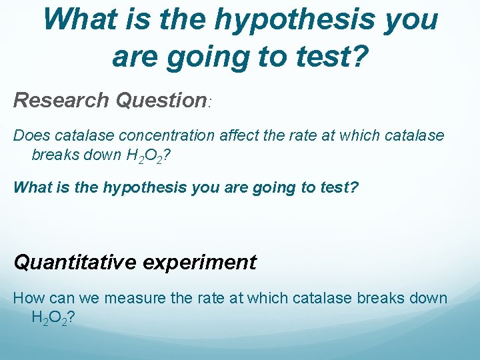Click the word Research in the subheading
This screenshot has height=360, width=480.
[x=61, y=100]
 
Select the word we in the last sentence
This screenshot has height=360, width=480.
[x=83, y=298]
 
